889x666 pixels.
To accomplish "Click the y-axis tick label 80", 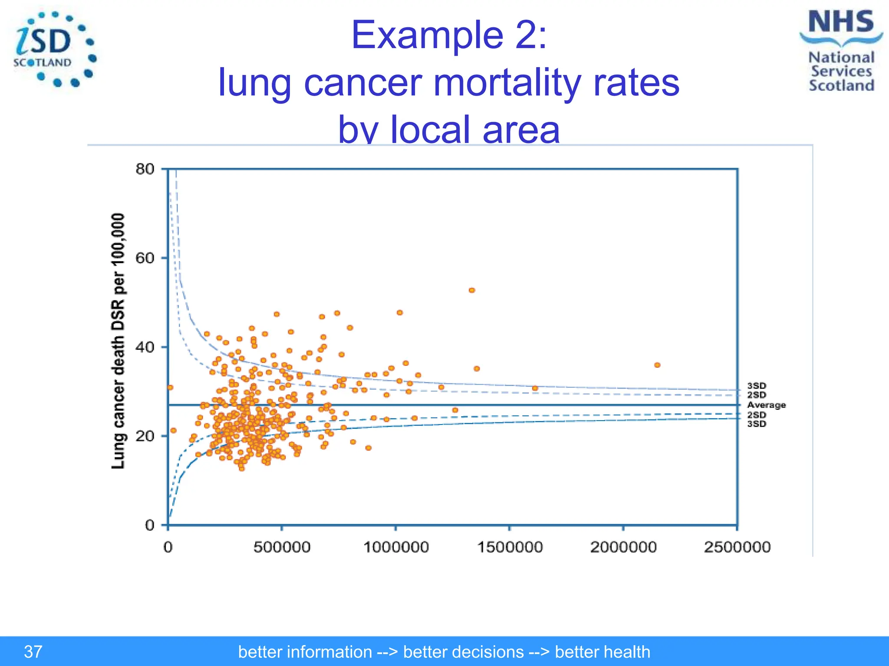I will coord(145,169).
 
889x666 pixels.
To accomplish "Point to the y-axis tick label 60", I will coord(145,258).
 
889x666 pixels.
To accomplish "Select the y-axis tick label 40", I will coord(145,347).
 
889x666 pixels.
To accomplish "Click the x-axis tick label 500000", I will coord(282,547).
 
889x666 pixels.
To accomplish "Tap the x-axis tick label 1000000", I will coord(396,547).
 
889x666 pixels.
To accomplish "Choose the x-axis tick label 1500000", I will coord(510,547).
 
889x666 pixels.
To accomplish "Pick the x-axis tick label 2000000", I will coord(623,547).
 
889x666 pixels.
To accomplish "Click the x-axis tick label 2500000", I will coord(737,547).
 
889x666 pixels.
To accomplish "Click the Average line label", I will coord(766,405).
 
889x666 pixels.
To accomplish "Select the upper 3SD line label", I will coord(757,385).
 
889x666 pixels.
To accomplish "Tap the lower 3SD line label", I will coord(757,424).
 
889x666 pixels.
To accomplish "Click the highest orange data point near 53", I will coord(472,290).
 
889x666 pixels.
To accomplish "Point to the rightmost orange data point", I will coord(657,365).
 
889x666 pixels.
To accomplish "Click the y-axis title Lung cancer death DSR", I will coord(118,341).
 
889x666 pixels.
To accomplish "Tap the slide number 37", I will coord(33,652).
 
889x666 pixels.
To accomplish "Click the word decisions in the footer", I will coord(463,652).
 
